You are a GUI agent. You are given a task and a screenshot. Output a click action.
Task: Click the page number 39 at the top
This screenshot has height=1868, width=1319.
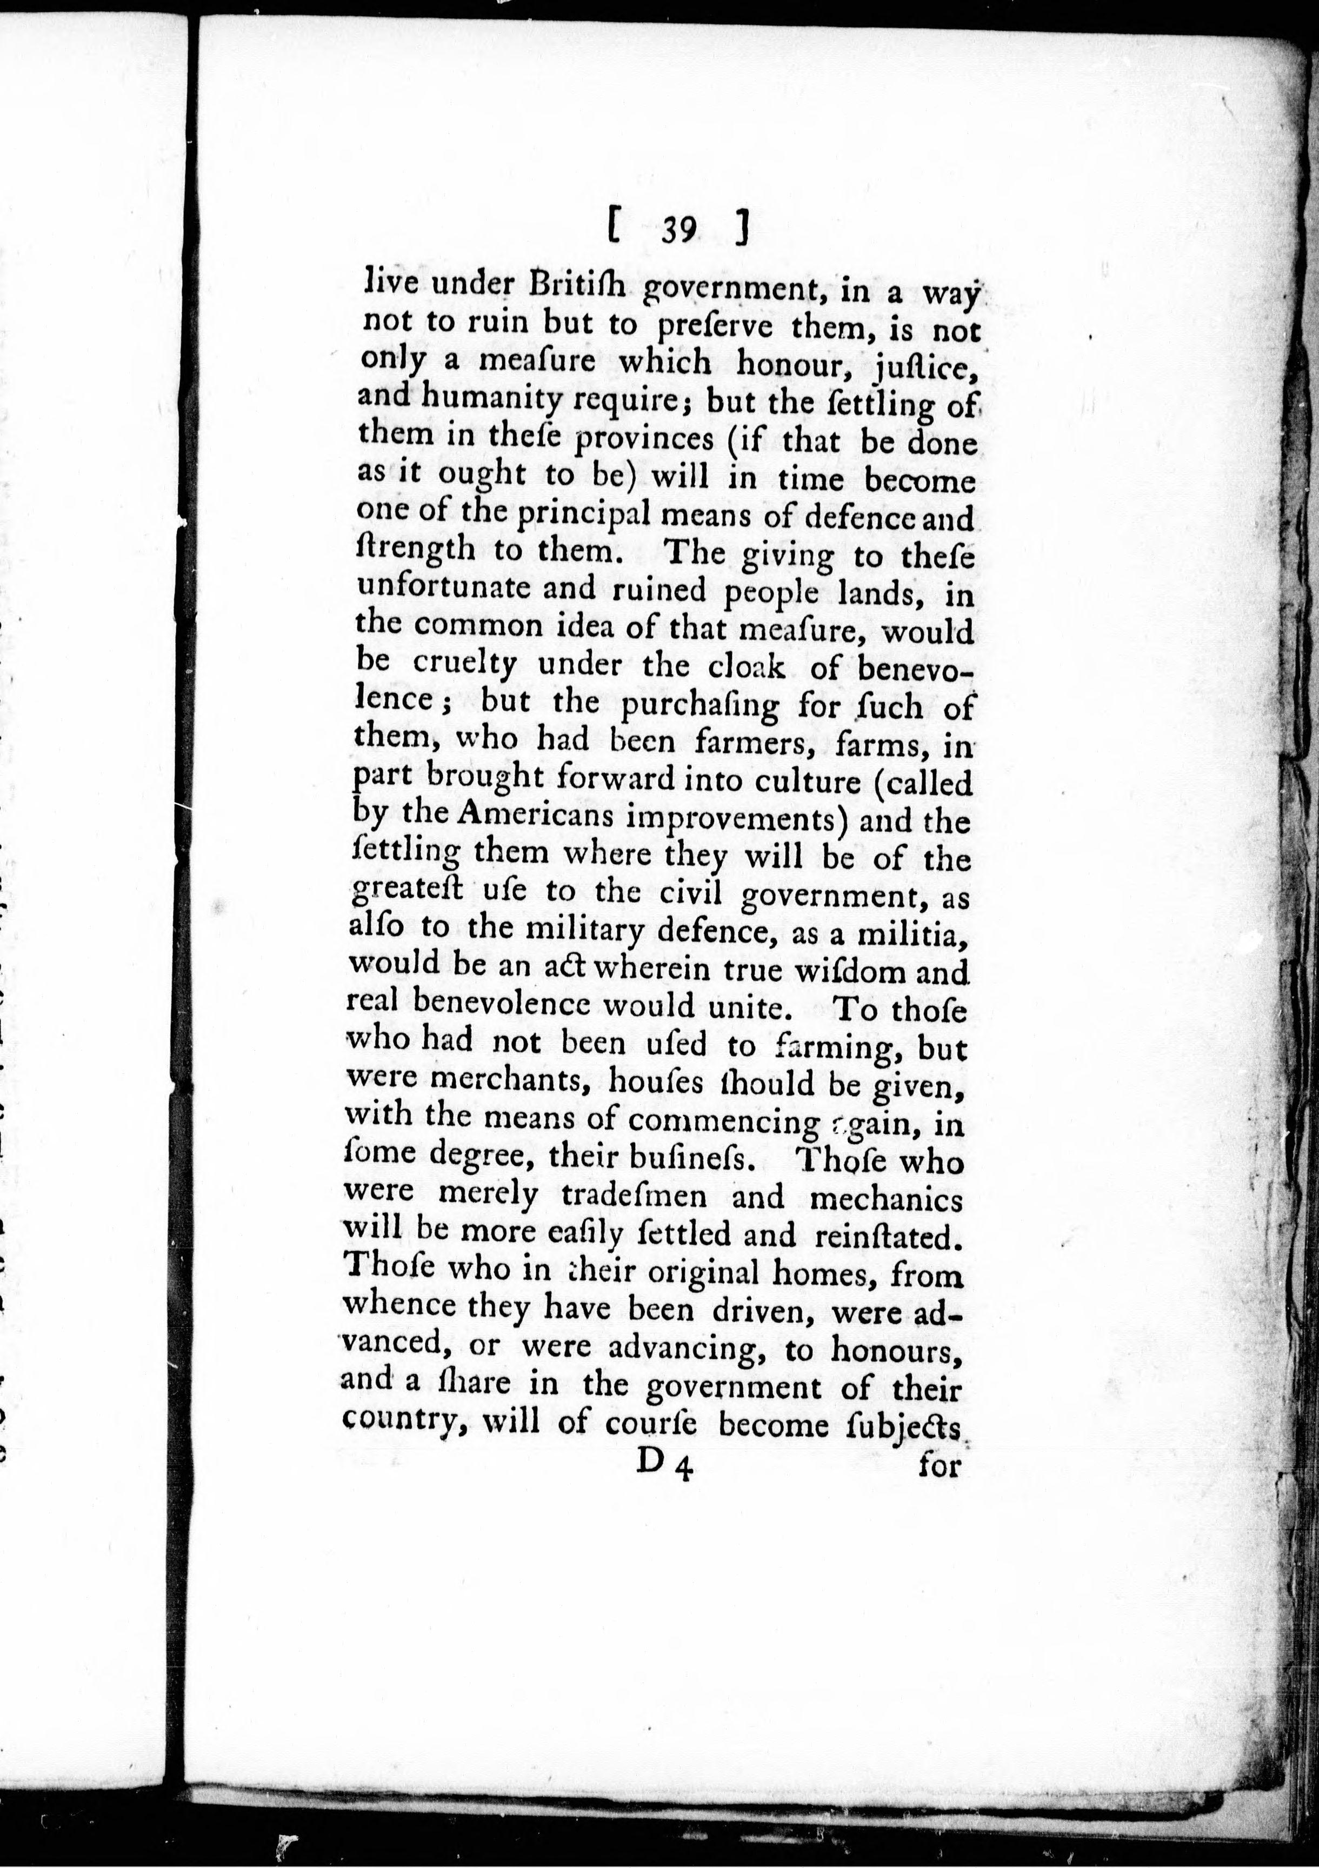click(x=677, y=231)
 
